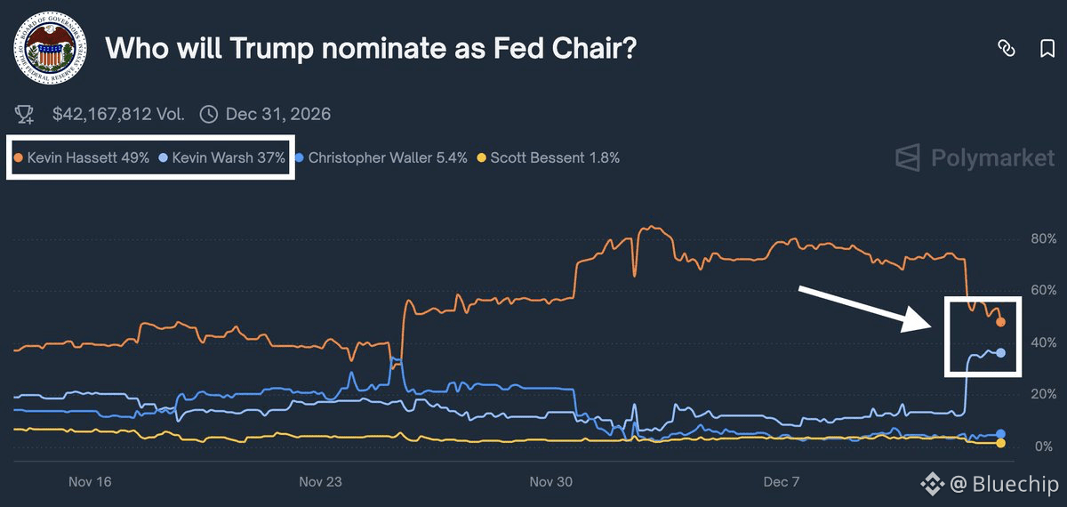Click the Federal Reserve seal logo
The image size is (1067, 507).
(50, 49)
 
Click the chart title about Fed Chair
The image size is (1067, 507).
(371, 49)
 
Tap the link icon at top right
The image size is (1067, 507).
(1007, 49)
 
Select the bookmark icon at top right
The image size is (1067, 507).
(1047, 49)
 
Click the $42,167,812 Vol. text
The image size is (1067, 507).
(117, 114)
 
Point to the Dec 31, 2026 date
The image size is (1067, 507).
(277, 114)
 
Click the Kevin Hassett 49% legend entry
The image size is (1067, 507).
(81, 158)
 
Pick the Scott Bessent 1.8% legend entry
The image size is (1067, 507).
(549, 158)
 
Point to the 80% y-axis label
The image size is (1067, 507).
(1044, 239)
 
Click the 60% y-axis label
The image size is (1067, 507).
(1044, 291)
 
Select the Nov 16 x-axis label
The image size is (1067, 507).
(90, 482)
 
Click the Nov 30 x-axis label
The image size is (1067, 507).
(551, 482)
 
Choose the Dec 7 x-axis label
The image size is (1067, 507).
(782, 482)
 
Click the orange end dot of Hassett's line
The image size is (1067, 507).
(1000, 322)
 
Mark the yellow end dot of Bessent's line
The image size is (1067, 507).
(1000, 443)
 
